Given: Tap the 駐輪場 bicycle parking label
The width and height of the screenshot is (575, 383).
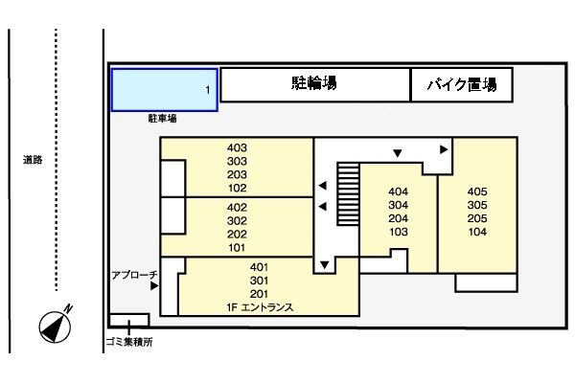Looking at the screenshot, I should (313, 84).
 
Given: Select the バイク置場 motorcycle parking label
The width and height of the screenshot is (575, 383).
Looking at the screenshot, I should (461, 85).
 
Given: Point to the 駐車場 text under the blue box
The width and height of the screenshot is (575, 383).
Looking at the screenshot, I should (162, 120).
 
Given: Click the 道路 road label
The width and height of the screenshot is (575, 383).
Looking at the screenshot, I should (33, 160).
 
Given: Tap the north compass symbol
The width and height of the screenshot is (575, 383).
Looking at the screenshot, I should (56, 325).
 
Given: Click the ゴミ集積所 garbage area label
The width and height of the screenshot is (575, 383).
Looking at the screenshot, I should (128, 341).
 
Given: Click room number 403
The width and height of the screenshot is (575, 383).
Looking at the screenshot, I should (238, 148).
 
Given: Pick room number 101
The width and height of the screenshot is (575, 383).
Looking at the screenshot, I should (238, 247).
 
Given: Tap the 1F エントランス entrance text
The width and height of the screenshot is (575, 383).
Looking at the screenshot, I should (260, 307).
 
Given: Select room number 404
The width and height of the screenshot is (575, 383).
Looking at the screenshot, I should (399, 191).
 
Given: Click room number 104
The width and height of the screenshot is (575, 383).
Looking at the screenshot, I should (478, 232).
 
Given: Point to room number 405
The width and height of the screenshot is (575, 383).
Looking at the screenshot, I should (478, 191).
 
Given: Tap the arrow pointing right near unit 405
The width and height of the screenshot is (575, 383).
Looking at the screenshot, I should (444, 149).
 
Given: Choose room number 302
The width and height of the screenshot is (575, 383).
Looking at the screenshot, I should (238, 220).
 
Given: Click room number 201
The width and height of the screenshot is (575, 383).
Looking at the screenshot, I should (259, 294).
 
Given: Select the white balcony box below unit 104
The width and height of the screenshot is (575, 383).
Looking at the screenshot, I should (485, 282).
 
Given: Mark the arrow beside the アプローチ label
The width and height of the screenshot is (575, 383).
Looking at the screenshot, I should (153, 283).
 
